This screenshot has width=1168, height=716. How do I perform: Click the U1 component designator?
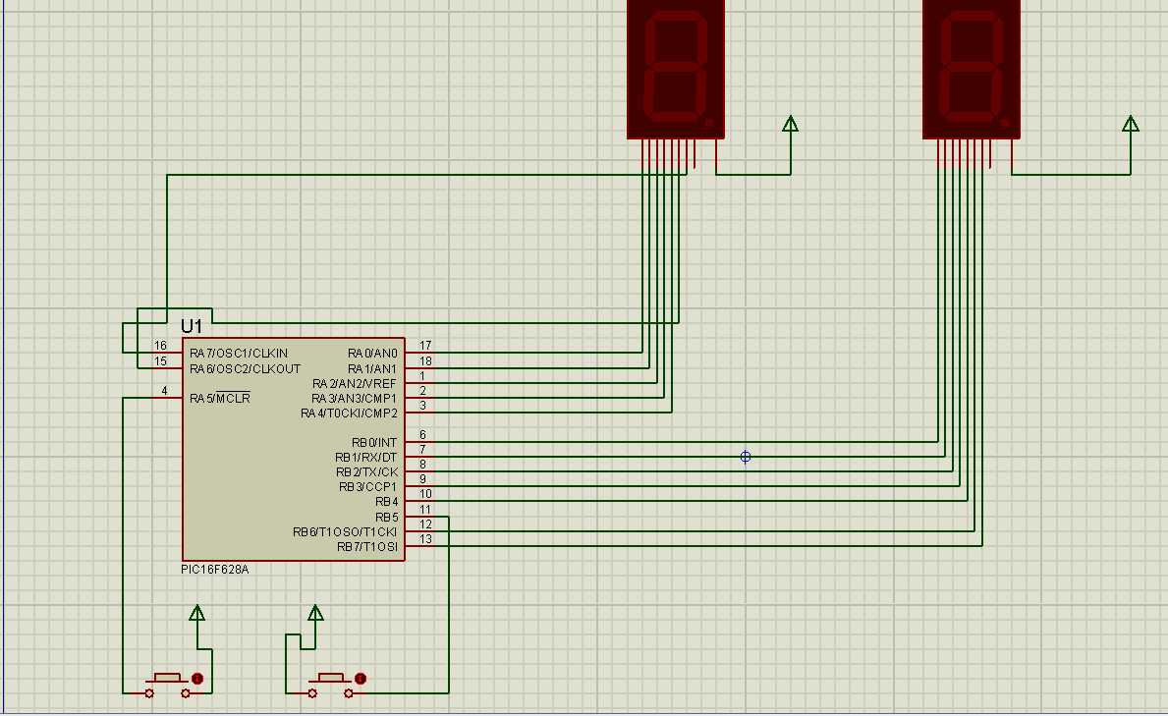[192, 326]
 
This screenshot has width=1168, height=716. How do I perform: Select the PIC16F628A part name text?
[214, 570]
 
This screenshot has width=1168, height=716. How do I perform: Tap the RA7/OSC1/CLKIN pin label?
[239, 354]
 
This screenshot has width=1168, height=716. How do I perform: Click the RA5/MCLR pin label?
[220, 398]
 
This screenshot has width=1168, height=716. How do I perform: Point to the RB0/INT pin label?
[374, 443]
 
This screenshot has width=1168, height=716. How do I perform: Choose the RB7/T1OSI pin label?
[367, 547]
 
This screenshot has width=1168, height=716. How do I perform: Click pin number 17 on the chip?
[425, 346]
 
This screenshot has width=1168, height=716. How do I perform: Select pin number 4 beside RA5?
[165, 390]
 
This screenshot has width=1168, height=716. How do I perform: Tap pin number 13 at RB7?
[425, 539]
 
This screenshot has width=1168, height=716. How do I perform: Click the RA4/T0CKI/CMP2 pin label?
[350, 413]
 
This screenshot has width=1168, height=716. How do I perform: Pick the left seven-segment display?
[676, 70]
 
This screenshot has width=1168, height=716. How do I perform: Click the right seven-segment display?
[972, 70]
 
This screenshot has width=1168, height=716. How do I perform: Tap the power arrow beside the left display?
[791, 125]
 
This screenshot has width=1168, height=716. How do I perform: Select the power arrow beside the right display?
[1130, 125]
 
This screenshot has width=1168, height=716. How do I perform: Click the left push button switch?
[168, 685]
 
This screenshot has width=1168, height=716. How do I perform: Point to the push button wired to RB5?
[330, 685]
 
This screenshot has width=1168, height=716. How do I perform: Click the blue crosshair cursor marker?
[745, 457]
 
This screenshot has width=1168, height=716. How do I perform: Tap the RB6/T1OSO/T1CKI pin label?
[345, 532]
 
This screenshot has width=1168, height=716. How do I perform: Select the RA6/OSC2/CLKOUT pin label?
[245, 368]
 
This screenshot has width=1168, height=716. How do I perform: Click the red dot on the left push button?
[197, 679]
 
